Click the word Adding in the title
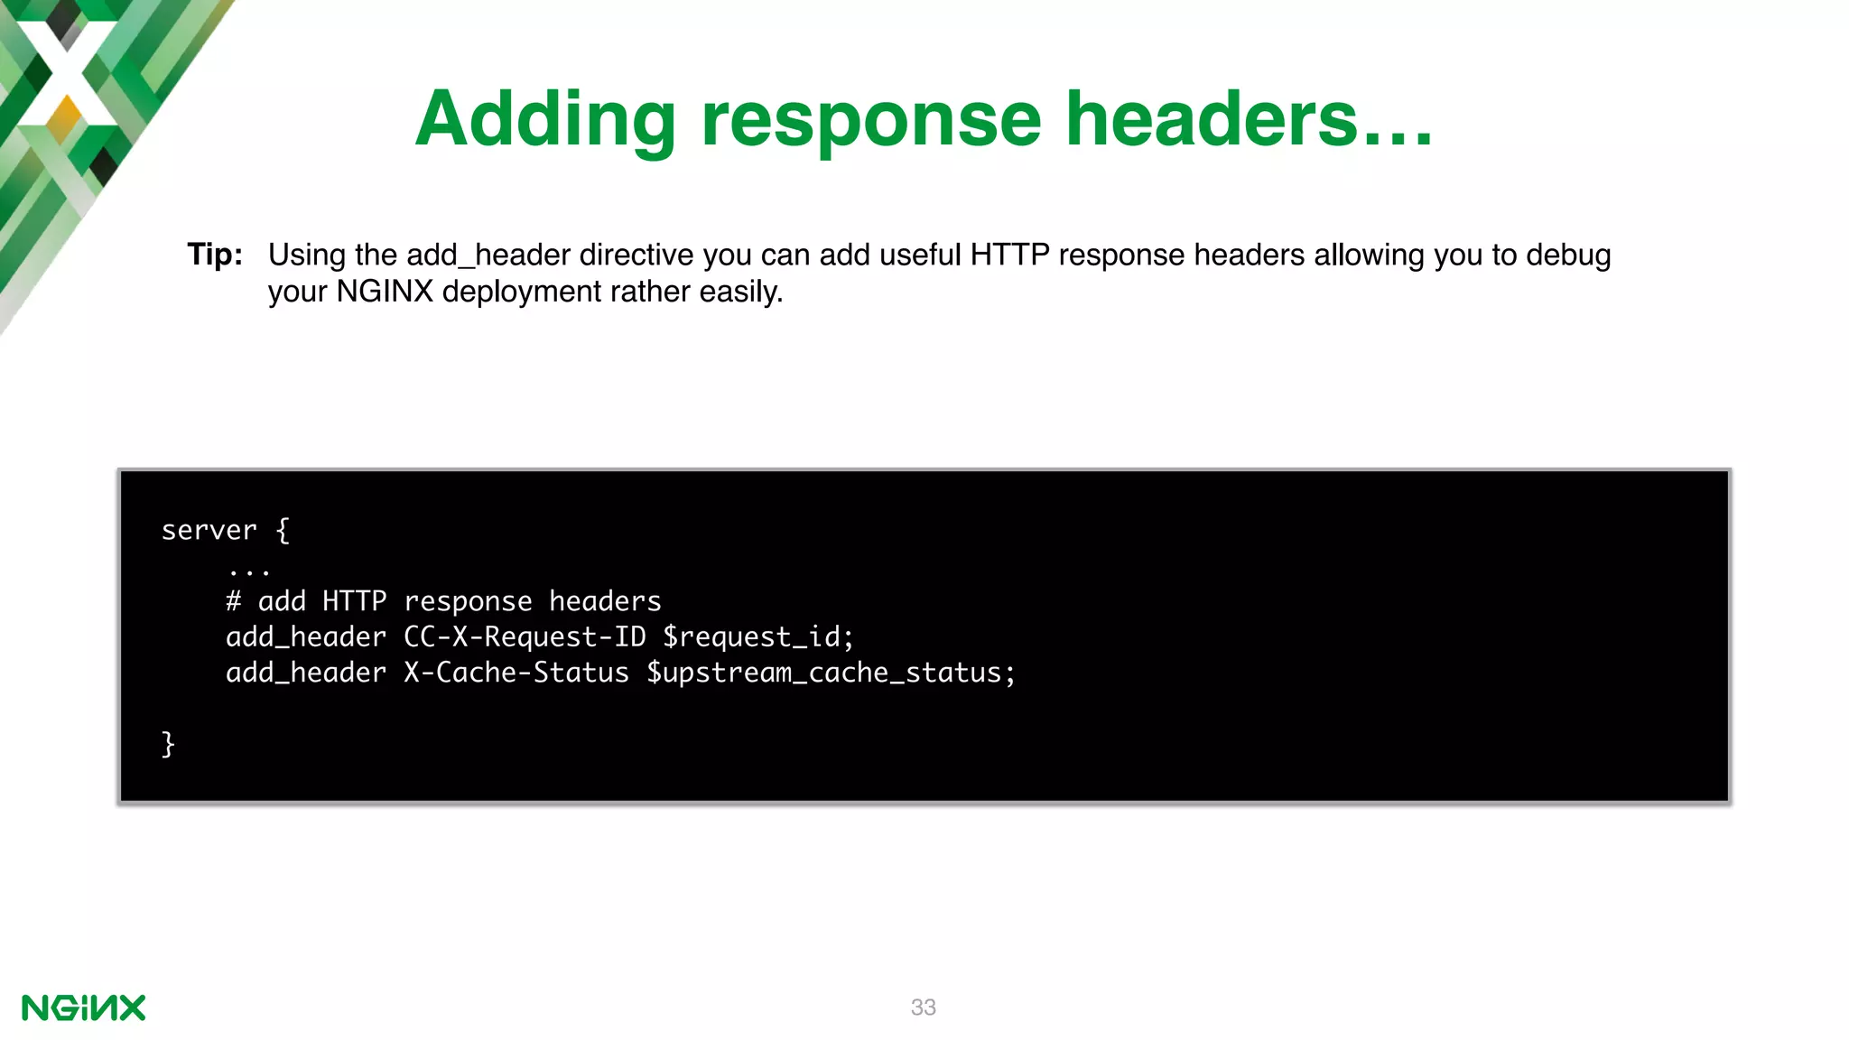coord(545,120)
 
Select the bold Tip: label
coord(215,255)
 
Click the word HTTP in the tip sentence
coord(1009,255)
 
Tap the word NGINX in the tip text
coord(385,292)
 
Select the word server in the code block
coord(209,530)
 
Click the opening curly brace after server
coord(283,530)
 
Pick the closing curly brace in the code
coord(168,744)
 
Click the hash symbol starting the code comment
coord(233,601)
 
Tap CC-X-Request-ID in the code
coord(525,637)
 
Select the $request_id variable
coord(757,637)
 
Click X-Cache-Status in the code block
coord(516,673)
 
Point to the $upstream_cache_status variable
coord(831,673)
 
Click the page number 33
coord(923,1007)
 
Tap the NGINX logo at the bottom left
coord(83,1007)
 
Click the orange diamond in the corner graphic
coord(64,116)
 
